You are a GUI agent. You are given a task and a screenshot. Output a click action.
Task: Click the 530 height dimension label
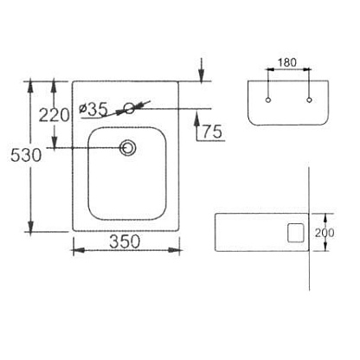[26, 155]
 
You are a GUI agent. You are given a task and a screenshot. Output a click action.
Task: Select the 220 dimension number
[55, 115]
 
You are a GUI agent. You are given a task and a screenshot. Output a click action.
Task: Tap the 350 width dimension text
[125, 241]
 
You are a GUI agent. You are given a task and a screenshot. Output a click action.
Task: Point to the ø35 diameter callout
[93, 109]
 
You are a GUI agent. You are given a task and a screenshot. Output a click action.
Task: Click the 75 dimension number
[212, 132]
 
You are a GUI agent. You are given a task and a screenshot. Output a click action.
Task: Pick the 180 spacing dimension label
[287, 62]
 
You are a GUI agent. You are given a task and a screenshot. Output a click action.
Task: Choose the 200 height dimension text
[325, 233]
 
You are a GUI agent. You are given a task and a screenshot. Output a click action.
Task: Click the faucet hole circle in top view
[129, 108]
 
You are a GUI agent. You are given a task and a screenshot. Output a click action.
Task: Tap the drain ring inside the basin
[128, 148]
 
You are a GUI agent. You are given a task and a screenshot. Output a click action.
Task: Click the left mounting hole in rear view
[268, 100]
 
